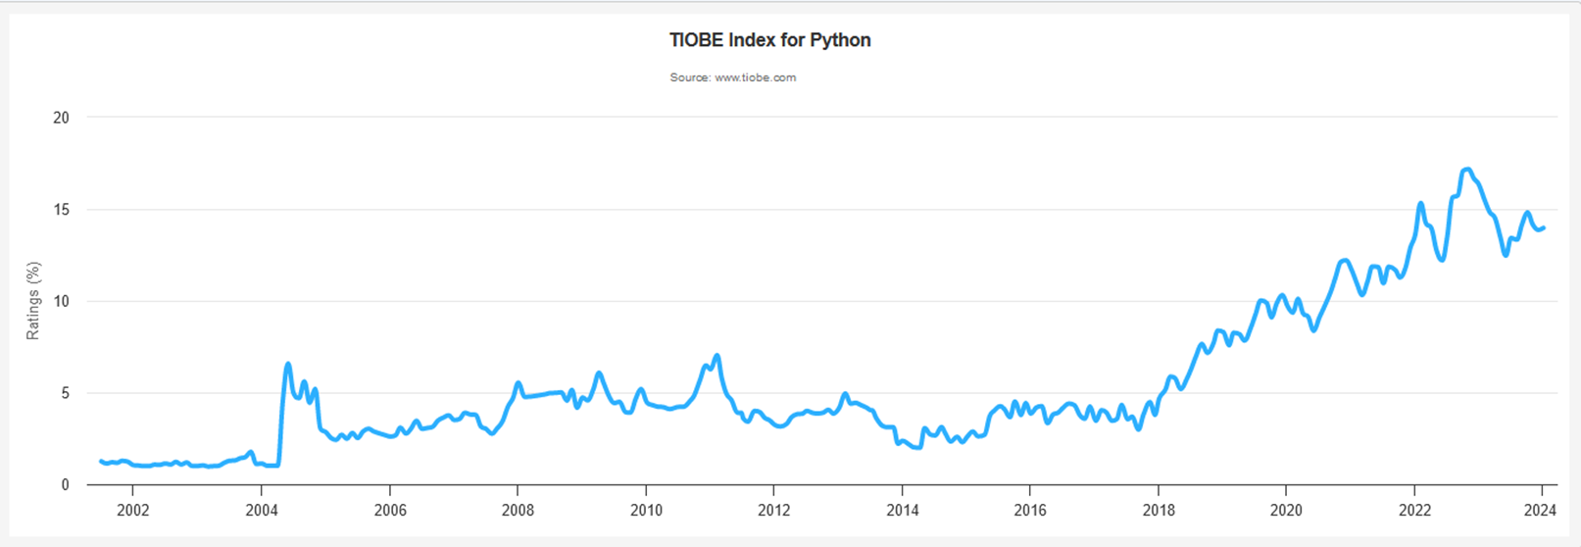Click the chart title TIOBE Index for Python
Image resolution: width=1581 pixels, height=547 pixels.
(x=770, y=40)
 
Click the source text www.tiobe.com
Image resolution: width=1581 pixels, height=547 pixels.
(x=755, y=77)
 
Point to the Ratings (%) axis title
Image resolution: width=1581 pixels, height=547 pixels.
(x=33, y=301)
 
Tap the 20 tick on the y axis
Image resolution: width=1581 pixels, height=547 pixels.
(x=62, y=118)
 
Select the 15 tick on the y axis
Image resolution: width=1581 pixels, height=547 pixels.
(x=62, y=210)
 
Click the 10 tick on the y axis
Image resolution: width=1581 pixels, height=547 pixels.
(x=62, y=301)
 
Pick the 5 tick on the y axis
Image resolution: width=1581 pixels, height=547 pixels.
(x=65, y=393)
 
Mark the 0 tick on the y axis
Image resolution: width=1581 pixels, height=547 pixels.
(x=65, y=485)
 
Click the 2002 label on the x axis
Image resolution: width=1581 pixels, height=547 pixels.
(x=132, y=511)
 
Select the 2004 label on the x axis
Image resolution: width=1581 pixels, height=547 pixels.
(x=261, y=511)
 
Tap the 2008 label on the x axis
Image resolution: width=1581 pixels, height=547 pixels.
(x=518, y=511)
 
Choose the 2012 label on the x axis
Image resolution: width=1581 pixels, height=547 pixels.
(x=773, y=511)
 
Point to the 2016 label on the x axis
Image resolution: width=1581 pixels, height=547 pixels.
(x=1030, y=511)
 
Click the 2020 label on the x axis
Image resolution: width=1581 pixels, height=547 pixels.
(x=1286, y=511)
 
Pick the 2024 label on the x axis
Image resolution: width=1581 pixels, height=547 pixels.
(x=1540, y=511)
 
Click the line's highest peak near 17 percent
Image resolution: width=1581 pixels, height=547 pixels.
(x=1467, y=170)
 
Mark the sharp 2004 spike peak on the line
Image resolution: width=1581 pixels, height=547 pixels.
(x=288, y=365)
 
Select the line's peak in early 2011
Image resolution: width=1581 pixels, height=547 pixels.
(x=717, y=355)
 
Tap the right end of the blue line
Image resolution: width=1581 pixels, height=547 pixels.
(x=1544, y=227)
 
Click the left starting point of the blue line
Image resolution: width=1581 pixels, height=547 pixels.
(x=101, y=461)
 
